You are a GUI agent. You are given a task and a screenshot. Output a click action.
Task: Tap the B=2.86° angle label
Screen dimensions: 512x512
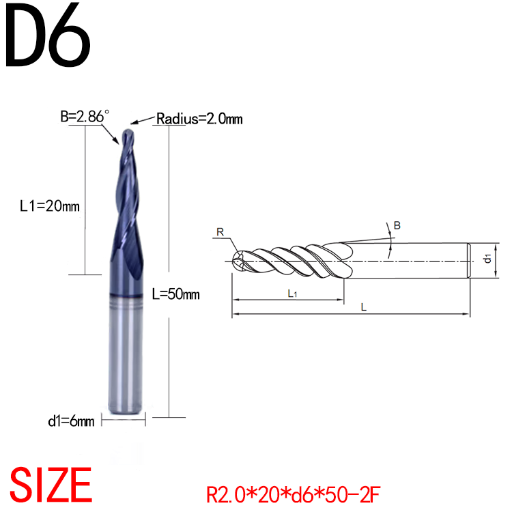(x=83, y=117)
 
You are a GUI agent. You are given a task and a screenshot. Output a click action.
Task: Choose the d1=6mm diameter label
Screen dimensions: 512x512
(x=71, y=421)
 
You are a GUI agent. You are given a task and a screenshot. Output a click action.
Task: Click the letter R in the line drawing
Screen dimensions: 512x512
(x=220, y=233)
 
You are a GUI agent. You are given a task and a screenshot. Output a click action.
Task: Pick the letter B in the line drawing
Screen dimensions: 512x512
(x=398, y=225)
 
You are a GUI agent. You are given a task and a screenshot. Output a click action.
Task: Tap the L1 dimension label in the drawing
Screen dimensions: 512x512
(x=291, y=294)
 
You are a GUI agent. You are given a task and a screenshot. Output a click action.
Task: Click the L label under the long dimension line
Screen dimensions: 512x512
(x=364, y=308)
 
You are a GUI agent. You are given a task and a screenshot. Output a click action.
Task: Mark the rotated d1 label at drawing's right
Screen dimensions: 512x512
(x=487, y=259)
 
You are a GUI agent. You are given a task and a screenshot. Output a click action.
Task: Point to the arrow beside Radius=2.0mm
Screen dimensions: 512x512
(x=143, y=122)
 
